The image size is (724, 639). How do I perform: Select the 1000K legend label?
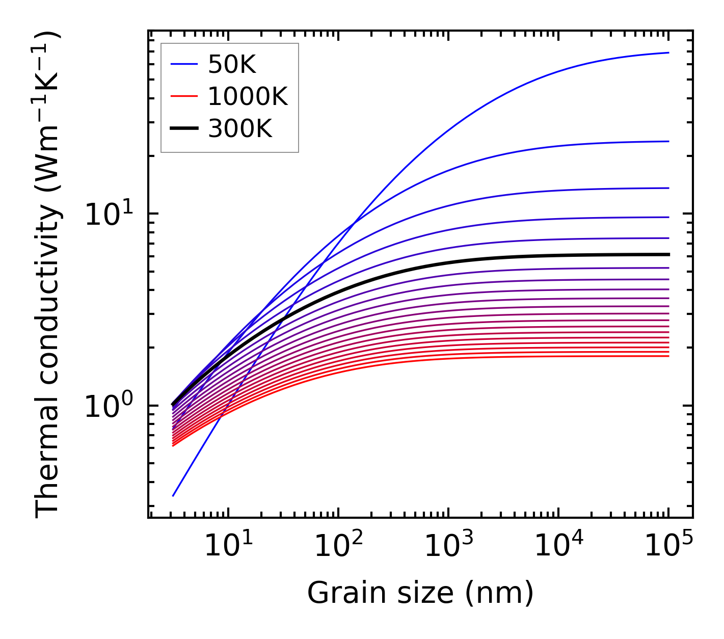tap(248, 96)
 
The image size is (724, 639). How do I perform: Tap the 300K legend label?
tap(240, 129)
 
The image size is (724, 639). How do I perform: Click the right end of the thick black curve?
tap(668, 254)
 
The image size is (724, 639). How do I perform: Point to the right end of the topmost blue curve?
tap(668, 52)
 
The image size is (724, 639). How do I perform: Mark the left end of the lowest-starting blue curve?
tap(173, 495)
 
